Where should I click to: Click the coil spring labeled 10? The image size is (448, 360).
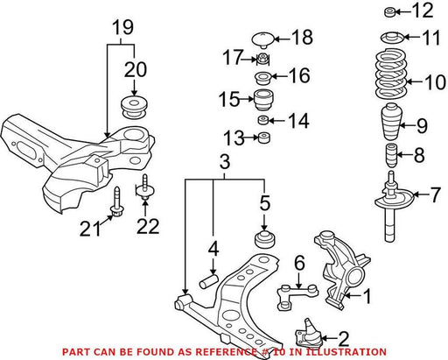(391, 75)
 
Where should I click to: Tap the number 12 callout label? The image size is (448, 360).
(423, 11)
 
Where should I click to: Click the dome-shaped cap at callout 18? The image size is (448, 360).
(262, 40)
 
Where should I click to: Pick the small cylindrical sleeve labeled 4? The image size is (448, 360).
(209, 280)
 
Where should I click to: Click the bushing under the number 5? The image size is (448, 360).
(264, 240)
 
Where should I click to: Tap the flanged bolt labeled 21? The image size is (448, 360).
(117, 202)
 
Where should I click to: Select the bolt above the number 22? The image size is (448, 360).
(144, 187)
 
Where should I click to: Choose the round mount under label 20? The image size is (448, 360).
(134, 107)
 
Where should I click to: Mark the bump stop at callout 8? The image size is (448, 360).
(392, 156)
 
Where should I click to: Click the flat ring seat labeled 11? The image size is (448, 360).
(392, 38)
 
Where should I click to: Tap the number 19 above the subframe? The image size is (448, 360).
(123, 27)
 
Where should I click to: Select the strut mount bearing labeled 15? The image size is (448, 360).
(263, 100)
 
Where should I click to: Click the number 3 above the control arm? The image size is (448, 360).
(225, 162)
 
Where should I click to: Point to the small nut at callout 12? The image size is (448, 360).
(389, 12)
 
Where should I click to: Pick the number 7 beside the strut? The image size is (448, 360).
(435, 195)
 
